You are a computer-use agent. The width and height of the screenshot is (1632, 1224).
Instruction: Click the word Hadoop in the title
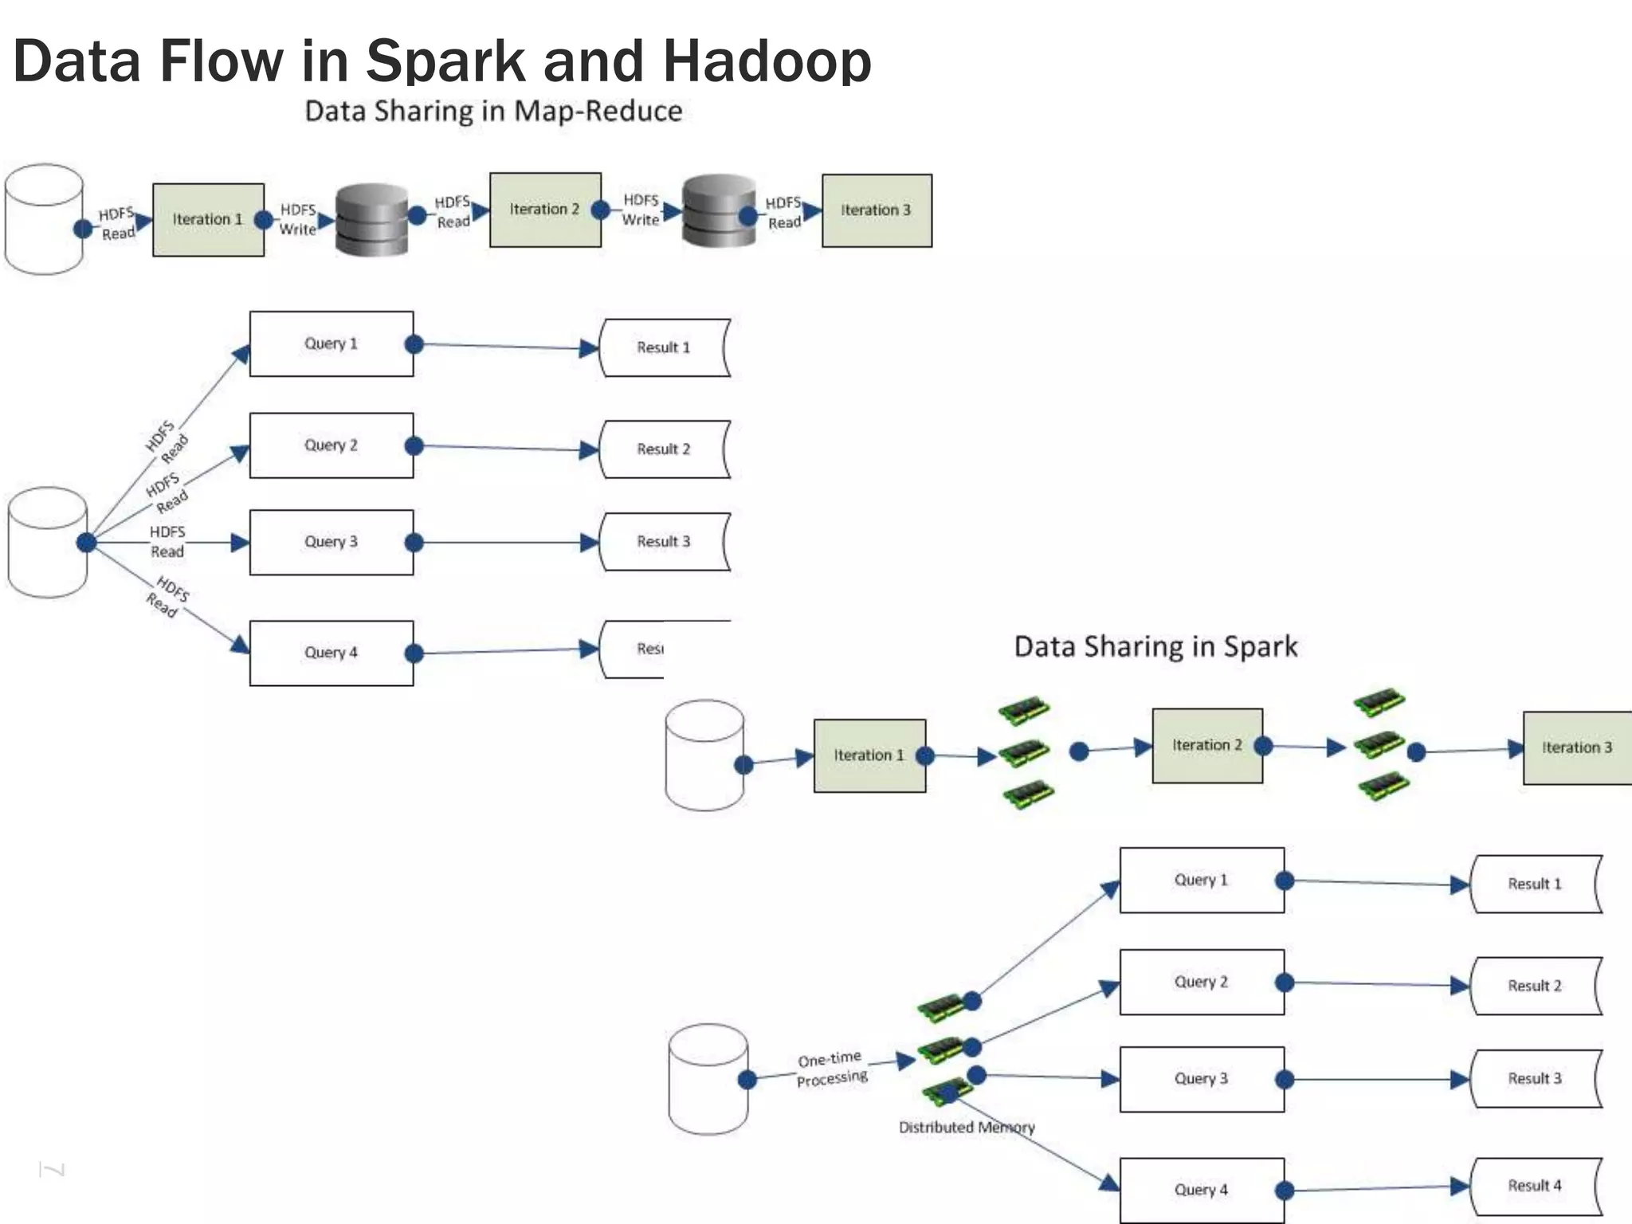767,61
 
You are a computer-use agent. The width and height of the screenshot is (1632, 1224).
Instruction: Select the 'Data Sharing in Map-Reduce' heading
493,111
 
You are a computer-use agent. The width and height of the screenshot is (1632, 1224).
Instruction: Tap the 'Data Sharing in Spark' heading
1155,645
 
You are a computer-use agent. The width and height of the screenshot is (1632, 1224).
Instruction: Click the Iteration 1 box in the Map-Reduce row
208,219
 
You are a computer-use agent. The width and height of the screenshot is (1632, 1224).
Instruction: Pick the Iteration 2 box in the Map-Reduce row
545,210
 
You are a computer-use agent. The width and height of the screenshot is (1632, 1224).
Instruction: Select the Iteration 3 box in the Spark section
1576,747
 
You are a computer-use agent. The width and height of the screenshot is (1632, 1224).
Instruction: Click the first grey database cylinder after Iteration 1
371,220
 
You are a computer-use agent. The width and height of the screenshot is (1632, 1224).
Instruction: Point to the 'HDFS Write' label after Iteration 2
641,210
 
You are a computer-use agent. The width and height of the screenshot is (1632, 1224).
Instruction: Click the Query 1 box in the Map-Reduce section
331,343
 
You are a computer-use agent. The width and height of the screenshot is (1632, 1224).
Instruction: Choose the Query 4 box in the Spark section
1202,1190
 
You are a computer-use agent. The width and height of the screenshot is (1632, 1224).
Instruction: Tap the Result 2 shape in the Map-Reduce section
664,449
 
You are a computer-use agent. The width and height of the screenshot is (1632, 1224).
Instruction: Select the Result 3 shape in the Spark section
1535,1078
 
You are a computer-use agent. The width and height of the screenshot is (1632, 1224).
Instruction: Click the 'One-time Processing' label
831,1069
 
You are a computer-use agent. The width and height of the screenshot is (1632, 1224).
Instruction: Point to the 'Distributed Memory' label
966,1128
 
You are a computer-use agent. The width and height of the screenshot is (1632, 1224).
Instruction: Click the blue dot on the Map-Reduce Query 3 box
414,543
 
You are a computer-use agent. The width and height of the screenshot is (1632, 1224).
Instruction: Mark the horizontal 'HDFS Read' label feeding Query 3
167,541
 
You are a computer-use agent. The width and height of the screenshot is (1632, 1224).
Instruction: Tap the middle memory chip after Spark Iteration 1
1025,751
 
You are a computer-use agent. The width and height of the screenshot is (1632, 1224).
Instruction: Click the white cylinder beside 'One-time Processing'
708,1078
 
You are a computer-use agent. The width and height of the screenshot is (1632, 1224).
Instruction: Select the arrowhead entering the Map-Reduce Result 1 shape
589,348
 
